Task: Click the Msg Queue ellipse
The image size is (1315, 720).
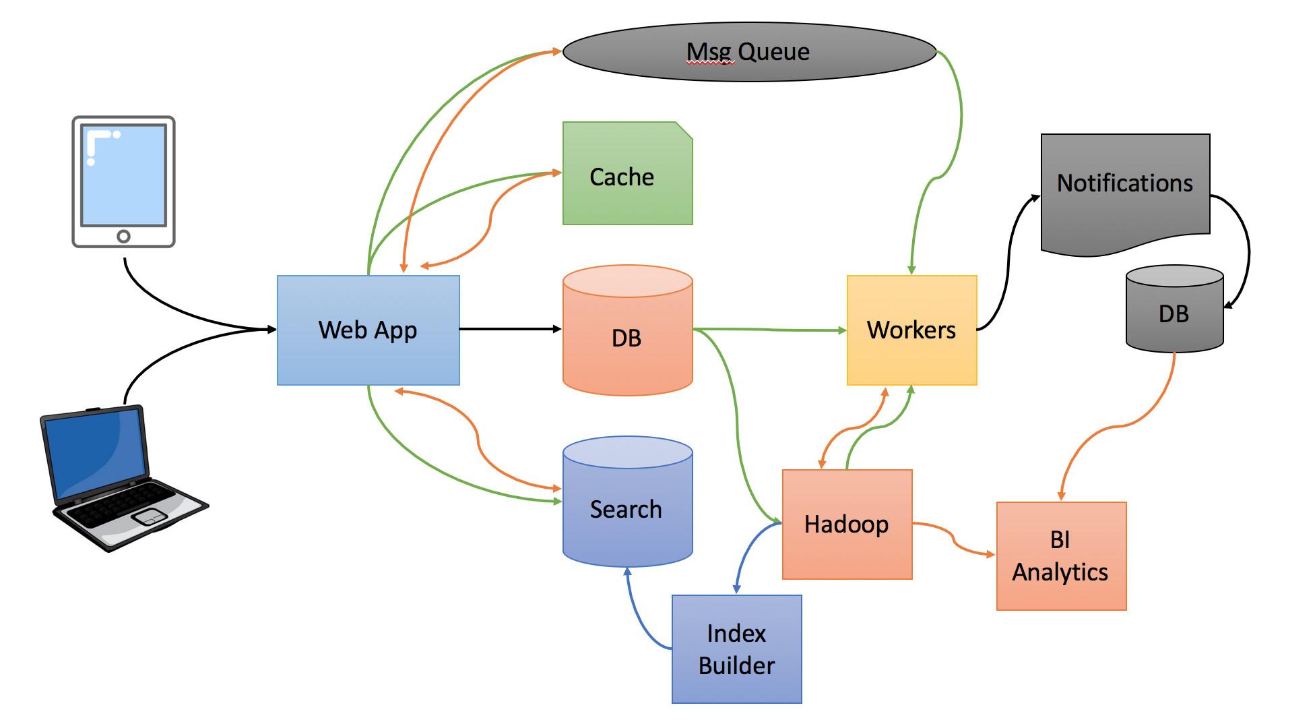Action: pyautogui.click(x=749, y=52)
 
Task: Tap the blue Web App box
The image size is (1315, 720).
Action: pyautogui.click(x=368, y=330)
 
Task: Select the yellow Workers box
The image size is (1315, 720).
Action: pyautogui.click(x=911, y=330)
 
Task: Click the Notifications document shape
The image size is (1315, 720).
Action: pyautogui.click(x=1125, y=189)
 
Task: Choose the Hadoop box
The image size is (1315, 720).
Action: pyautogui.click(x=847, y=524)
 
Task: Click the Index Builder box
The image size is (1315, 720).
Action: pyautogui.click(x=736, y=649)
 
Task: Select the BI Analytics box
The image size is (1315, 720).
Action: pyautogui.click(x=1061, y=556)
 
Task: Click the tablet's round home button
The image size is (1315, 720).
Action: pyautogui.click(x=123, y=236)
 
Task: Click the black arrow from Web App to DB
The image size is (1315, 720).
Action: pyautogui.click(x=510, y=329)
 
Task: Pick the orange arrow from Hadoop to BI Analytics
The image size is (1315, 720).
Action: pyautogui.click(x=953, y=537)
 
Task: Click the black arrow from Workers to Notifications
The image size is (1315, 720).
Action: pyautogui.click(x=1009, y=256)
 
